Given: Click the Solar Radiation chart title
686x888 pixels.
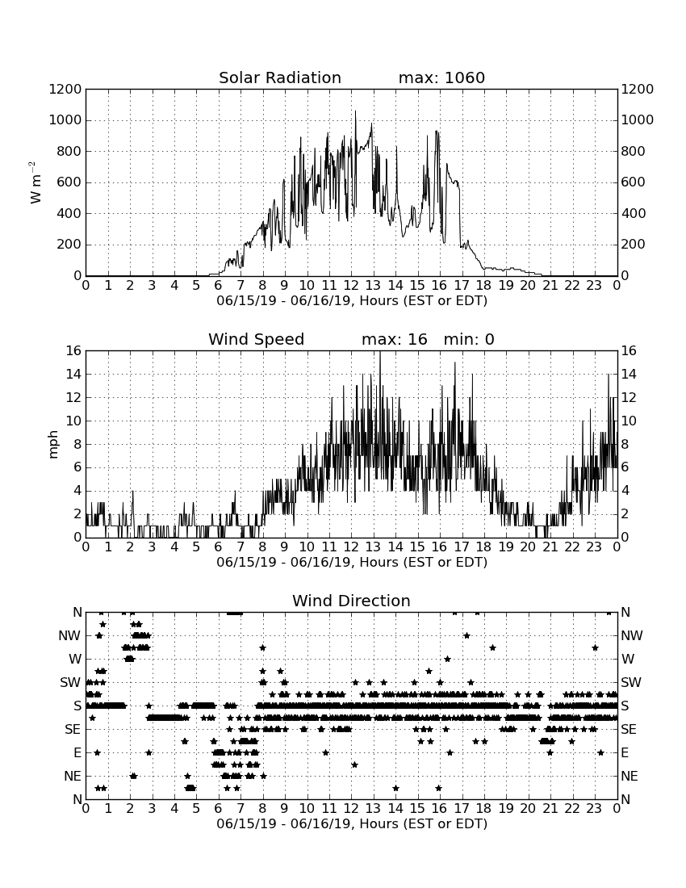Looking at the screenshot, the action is tap(279, 77).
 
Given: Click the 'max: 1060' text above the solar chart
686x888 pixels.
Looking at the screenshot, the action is tap(441, 77).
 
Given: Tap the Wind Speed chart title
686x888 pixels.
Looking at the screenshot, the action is tap(256, 339).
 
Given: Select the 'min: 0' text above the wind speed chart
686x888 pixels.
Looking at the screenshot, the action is tap(469, 339).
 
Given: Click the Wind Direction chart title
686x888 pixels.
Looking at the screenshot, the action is tap(351, 601).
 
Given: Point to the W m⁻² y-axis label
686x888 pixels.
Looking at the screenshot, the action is tap(35, 182).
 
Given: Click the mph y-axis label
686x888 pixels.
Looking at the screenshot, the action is tap(53, 445).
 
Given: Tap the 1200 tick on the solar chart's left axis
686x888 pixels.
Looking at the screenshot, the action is tap(65, 90).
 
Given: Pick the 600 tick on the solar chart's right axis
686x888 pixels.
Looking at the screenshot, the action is tap(633, 182).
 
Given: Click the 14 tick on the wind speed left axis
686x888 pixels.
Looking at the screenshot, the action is tap(73, 375).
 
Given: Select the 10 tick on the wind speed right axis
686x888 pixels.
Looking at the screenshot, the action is tap(629, 421).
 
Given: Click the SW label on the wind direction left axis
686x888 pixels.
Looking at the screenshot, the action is tap(70, 682).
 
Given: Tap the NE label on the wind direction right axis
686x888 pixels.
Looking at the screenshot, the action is tap(630, 776).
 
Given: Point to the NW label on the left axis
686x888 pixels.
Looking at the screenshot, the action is tap(69, 636).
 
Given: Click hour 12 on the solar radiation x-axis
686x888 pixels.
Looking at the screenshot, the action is tap(351, 285).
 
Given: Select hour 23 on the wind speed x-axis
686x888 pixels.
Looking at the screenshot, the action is tap(594, 547).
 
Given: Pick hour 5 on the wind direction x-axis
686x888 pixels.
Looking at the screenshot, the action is tap(196, 808).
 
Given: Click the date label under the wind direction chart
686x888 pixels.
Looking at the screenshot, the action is tap(352, 823).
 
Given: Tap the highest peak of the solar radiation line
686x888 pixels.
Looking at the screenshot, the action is tap(355, 111).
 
